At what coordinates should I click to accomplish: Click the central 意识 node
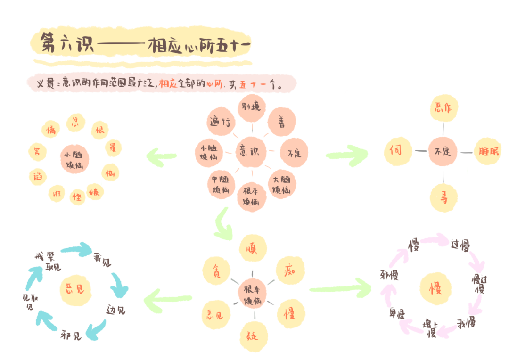(251, 152)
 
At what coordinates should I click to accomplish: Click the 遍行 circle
(220, 123)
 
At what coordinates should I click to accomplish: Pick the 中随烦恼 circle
(221, 184)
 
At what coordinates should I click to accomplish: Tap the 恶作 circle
(443, 107)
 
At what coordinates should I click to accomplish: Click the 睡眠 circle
(488, 151)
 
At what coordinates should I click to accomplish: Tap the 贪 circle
(216, 271)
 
